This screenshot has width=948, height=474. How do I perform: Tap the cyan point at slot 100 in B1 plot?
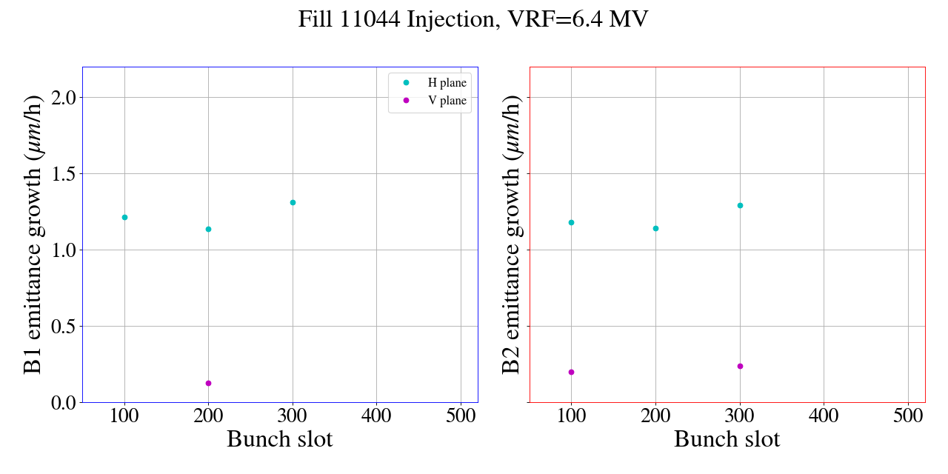click(124, 217)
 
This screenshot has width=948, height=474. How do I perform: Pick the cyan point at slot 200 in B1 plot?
click(208, 229)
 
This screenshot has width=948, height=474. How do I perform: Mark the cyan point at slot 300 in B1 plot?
click(293, 202)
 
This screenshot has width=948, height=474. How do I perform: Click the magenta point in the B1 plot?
click(208, 383)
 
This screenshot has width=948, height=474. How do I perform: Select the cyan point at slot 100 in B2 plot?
click(571, 222)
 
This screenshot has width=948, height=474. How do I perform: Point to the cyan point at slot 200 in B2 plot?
click(655, 228)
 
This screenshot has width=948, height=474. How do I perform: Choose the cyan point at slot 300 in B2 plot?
click(740, 205)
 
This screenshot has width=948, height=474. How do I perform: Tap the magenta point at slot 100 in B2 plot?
click(571, 372)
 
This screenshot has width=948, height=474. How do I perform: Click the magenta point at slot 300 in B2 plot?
click(740, 366)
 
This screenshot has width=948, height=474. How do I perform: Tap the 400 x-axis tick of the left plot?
click(376, 415)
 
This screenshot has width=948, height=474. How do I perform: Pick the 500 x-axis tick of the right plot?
click(908, 415)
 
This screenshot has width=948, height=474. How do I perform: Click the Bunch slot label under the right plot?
click(727, 439)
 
